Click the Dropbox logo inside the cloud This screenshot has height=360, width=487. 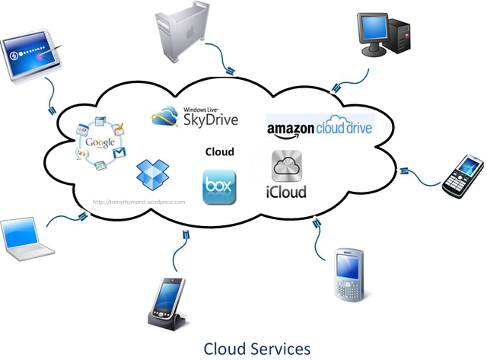[149, 174]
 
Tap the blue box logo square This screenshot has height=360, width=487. [219, 187]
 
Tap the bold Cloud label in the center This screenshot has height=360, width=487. [219, 151]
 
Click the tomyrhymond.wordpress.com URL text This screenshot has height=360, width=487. [138, 202]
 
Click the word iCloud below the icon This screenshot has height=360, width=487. [286, 191]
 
